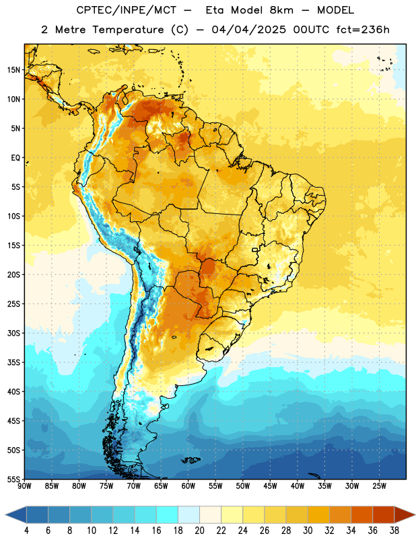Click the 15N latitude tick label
click(x=13, y=70)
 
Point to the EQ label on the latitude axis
click(x=15, y=158)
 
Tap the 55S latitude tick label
click(x=13, y=479)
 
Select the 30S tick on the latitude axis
click(x=13, y=333)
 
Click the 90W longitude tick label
click(x=24, y=486)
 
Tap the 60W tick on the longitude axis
click(x=188, y=486)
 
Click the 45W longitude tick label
click(x=270, y=486)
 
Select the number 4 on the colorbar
click(x=26, y=531)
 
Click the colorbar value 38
click(x=394, y=531)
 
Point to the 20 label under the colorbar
click(x=199, y=531)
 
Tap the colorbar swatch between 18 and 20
click(x=188, y=514)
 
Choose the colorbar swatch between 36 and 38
click(x=384, y=514)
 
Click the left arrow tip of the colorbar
click(x=5, y=514)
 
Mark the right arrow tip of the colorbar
click(x=415, y=514)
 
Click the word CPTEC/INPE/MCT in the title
click(x=126, y=10)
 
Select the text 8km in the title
click(x=281, y=10)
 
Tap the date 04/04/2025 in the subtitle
click(x=248, y=30)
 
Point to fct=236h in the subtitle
click(x=363, y=30)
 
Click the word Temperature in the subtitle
click(x=128, y=30)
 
